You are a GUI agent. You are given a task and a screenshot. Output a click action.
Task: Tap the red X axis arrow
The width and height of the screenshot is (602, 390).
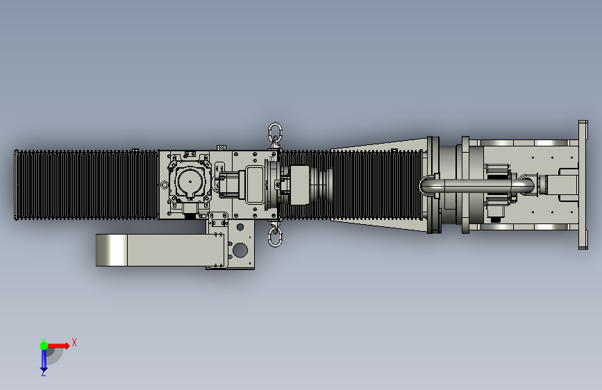pos(58,346)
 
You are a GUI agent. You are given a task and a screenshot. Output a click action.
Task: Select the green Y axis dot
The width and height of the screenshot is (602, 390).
pos(44,346)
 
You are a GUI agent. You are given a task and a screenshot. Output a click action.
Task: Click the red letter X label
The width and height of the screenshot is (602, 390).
pos(74,342)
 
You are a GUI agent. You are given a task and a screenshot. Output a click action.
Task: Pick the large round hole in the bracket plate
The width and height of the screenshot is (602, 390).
pos(240,251)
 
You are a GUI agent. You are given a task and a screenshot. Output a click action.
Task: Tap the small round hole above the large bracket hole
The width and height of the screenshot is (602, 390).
pos(240,227)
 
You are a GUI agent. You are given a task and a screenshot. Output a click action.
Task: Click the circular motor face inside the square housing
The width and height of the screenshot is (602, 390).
pos(190,182)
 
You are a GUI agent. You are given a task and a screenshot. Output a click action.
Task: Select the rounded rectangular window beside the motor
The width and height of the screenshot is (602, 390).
pos(253,185)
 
